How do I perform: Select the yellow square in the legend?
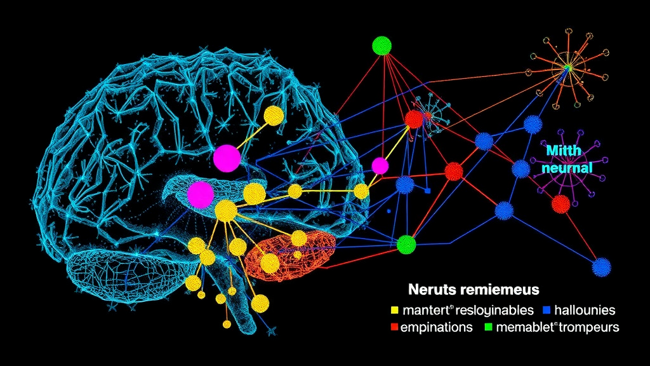394,311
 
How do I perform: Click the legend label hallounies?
585,311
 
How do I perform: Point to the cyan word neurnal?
569,168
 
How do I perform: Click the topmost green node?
382,45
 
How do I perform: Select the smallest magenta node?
380,166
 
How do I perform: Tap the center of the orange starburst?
567,66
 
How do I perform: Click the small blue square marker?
428,191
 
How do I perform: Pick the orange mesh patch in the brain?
292,254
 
